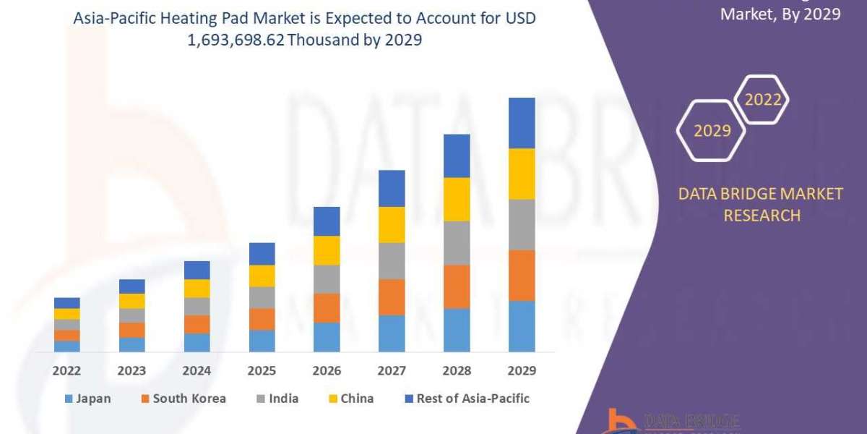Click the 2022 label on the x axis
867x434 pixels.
tap(66, 371)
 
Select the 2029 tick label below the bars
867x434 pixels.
tap(522, 371)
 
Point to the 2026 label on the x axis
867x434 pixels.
tap(327, 371)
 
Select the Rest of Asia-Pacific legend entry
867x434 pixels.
tap(467, 399)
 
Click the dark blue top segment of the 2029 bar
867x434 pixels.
tap(522, 123)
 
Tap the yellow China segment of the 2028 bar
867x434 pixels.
tap(457, 199)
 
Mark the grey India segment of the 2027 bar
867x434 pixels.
tap(392, 260)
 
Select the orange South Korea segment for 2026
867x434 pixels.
tap(327, 307)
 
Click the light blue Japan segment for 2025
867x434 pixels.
tap(262, 341)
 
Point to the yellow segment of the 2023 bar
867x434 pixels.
tap(131, 301)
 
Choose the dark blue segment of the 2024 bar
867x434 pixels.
tap(197, 270)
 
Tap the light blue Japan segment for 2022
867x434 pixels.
tap(66, 346)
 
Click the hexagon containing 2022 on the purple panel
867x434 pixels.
tap(762, 101)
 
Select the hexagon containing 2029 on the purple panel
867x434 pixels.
tap(712, 131)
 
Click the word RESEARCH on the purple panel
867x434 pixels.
tap(762, 216)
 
